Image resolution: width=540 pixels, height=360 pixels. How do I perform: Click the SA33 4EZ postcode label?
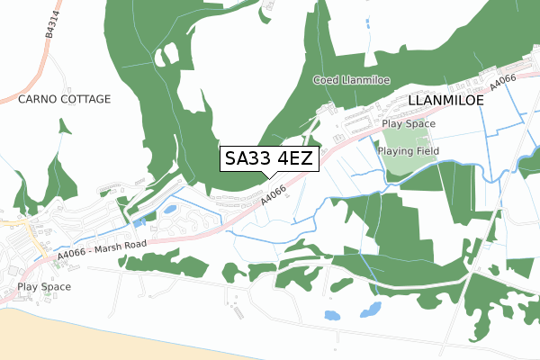tap(267, 159)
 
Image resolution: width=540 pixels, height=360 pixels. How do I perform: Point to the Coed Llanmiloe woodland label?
tap(349, 81)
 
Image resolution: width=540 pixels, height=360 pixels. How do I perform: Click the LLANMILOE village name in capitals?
tap(445, 101)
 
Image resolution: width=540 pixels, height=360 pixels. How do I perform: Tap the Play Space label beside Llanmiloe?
tap(408, 124)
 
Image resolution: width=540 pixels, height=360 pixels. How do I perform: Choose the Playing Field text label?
tap(409, 151)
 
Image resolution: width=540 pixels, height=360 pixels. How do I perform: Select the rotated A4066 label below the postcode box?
tap(273, 195)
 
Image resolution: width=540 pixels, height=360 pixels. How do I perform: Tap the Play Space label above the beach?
tap(43, 287)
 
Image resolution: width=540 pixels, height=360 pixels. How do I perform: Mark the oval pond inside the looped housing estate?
tap(169, 210)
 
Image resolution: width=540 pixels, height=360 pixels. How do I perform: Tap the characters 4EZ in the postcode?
tap(295, 159)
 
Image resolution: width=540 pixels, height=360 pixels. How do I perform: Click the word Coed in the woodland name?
tap(325, 81)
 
